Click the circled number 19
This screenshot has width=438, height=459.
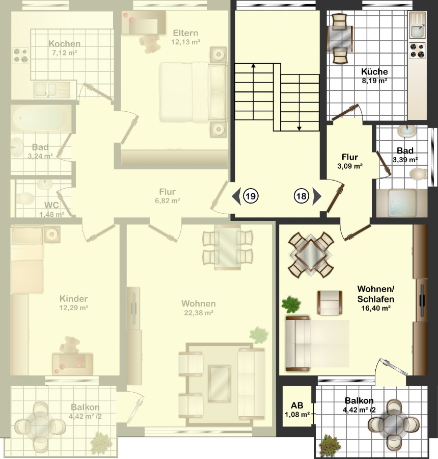tap(251, 196)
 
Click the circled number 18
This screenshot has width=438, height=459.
tap(302, 196)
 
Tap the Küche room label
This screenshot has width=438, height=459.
tap(374, 71)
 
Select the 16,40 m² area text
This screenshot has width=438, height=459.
tap(376, 308)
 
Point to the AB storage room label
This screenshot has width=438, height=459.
tap(297, 405)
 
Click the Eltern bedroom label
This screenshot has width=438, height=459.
tap(185, 33)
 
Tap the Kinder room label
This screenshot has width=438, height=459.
tap(74, 298)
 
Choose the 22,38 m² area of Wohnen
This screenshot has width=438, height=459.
tap(199, 313)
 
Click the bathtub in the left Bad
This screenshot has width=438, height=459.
tap(40, 118)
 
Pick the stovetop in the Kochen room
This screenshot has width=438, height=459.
tap(21, 56)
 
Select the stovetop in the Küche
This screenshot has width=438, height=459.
tap(417, 50)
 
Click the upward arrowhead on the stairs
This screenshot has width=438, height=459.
tap(253, 66)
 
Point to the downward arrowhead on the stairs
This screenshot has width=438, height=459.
tap(299, 128)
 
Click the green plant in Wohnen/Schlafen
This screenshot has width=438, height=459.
tap(291, 304)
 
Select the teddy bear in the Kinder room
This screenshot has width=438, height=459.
tap(69, 345)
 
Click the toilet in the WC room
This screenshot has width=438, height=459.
tap(25, 198)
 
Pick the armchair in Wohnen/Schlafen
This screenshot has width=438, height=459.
tap(330, 302)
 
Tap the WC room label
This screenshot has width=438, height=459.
tap(51, 205)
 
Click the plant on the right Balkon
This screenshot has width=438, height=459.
tap(330, 444)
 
